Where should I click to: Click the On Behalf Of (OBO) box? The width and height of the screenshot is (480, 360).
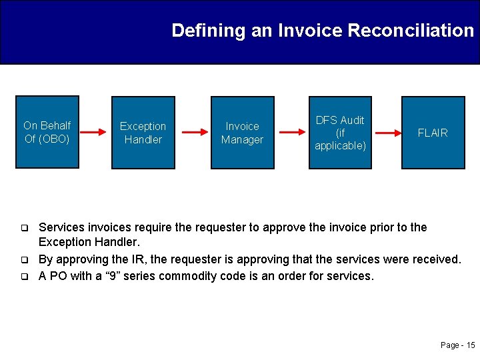[x=47, y=132]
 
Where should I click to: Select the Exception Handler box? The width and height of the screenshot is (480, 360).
[x=143, y=132]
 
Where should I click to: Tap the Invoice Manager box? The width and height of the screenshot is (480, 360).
[x=242, y=132]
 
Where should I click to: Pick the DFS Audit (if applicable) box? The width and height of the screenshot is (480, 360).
[x=340, y=132]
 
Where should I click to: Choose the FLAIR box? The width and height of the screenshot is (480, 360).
[x=433, y=132]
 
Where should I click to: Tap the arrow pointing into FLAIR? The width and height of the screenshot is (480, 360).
[x=385, y=133]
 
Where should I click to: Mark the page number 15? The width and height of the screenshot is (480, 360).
[x=471, y=345]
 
